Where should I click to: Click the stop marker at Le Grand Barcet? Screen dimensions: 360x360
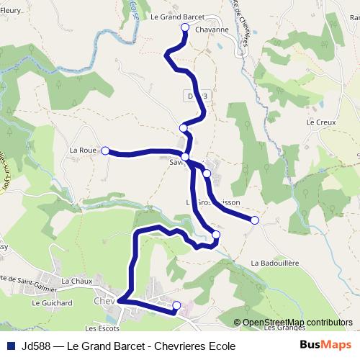(184, 27)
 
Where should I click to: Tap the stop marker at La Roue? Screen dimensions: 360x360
(105, 150)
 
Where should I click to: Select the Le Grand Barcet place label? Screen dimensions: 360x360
(177, 15)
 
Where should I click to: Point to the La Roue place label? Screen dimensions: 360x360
(82, 150)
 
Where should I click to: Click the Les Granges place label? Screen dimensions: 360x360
(281, 328)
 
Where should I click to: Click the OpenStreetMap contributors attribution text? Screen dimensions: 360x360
(297, 322)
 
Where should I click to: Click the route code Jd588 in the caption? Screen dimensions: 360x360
(35, 346)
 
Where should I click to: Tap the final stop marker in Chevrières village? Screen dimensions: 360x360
(177, 306)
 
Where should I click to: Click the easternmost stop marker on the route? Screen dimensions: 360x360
(254, 220)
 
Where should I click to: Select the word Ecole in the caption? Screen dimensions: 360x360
(221, 346)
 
